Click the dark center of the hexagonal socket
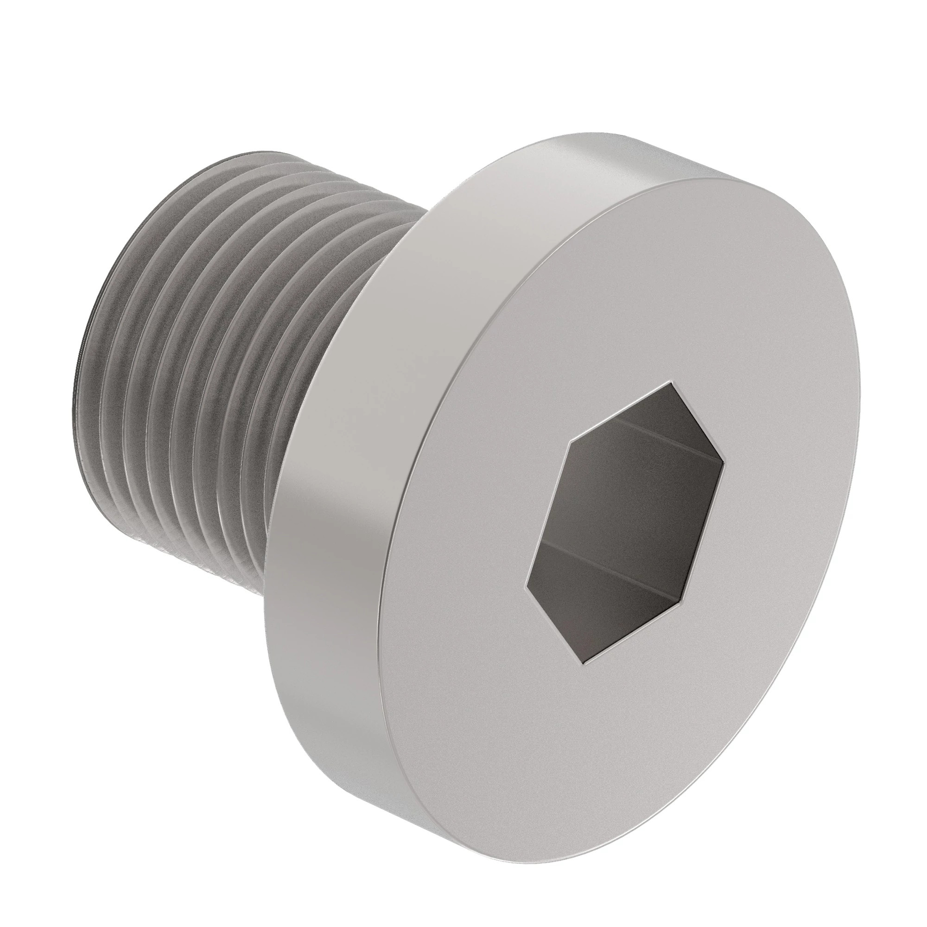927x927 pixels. [624, 523]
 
